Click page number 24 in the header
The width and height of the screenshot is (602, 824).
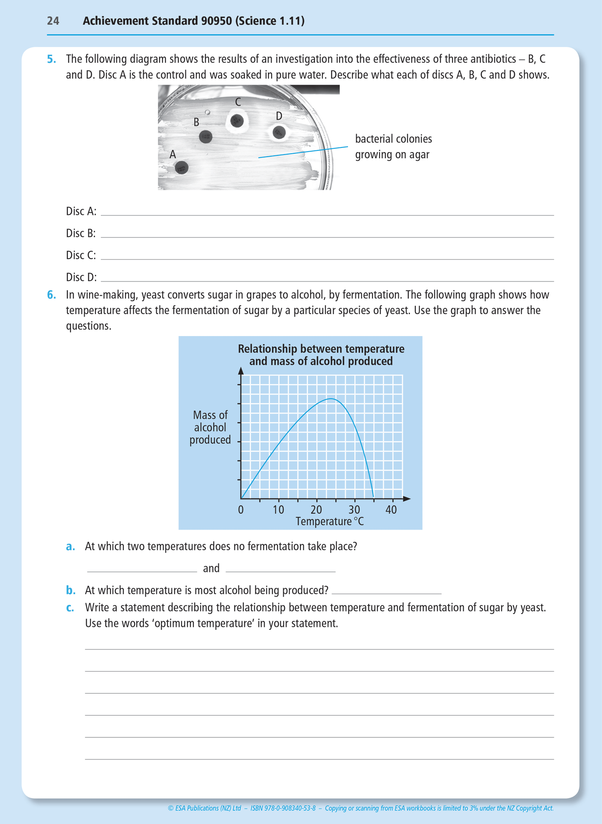53,21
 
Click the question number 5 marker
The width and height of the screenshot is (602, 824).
51,59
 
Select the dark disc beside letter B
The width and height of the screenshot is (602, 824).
206,136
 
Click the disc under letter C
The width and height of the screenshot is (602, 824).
237,121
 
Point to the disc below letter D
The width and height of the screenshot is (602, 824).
279,132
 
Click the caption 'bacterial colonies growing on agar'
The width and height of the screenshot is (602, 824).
393,147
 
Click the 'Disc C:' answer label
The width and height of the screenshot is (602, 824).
81,255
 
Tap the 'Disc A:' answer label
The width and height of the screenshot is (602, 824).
81,211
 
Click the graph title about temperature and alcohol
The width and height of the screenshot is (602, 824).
321,355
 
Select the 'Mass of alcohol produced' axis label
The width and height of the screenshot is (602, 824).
210,427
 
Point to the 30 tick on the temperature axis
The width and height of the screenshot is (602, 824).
354,509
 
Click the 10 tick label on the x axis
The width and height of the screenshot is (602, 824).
278,509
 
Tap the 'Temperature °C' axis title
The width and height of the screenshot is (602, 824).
330,522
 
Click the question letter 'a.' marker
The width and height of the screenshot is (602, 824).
70,547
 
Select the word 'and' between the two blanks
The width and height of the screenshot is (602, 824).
211,569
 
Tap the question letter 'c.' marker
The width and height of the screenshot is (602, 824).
70,607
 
